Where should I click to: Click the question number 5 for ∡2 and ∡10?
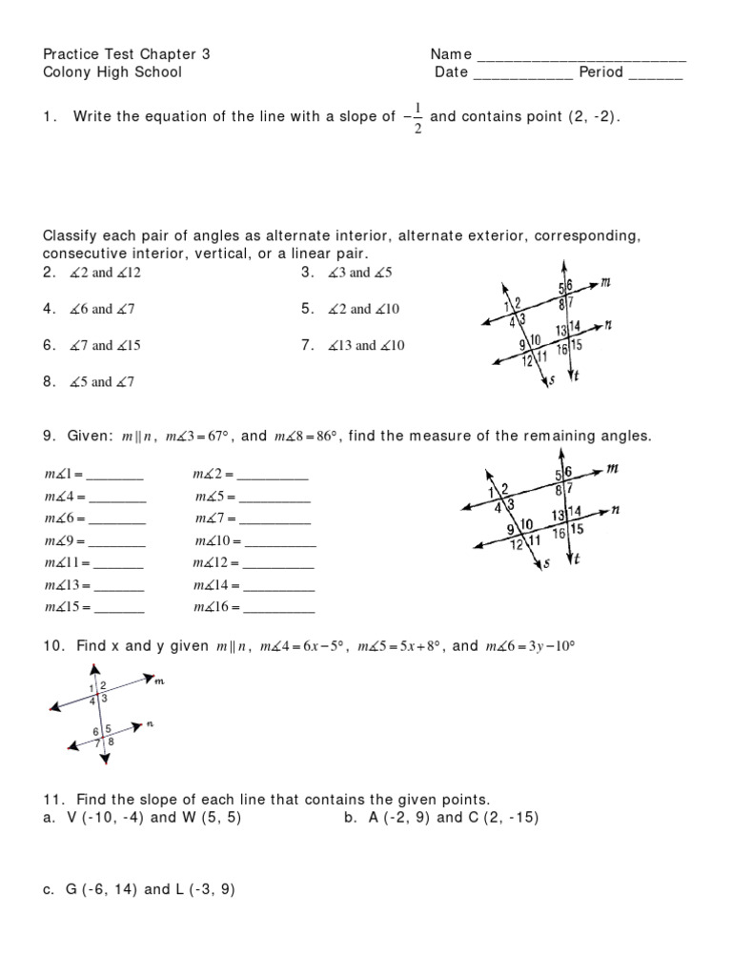coord(307,309)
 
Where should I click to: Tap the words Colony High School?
coord(112,71)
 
